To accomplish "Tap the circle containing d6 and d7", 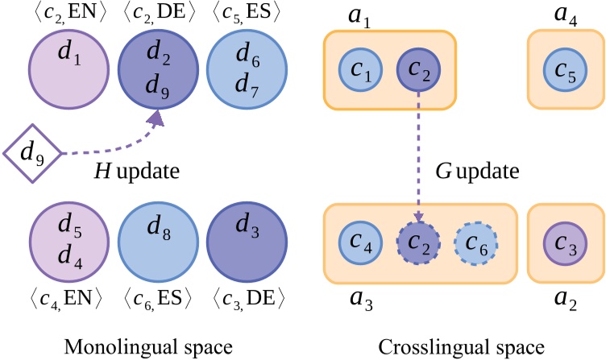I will click(x=240, y=65).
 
